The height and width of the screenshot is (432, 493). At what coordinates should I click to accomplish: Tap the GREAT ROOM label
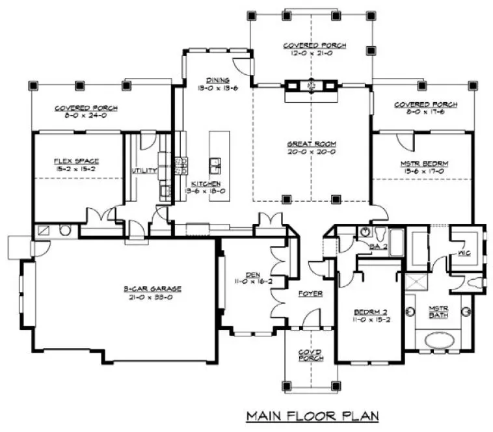pyautogui.click(x=310, y=144)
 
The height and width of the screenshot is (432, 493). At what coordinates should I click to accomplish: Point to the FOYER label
pyautogui.click(x=310, y=293)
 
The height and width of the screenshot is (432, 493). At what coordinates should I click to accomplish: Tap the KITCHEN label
pyautogui.click(x=206, y=184)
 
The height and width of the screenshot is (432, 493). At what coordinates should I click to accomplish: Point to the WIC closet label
pyautogui.click(x=464, y=252)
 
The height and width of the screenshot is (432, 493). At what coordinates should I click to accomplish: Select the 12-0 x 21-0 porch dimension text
pyautogui.click(x=314, y=54)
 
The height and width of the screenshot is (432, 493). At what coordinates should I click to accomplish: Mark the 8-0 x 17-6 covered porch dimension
pyautogui.click(x=425, y=113)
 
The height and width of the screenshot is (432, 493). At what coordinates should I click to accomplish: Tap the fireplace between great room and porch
pyautogui.click(x=311, y=85)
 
